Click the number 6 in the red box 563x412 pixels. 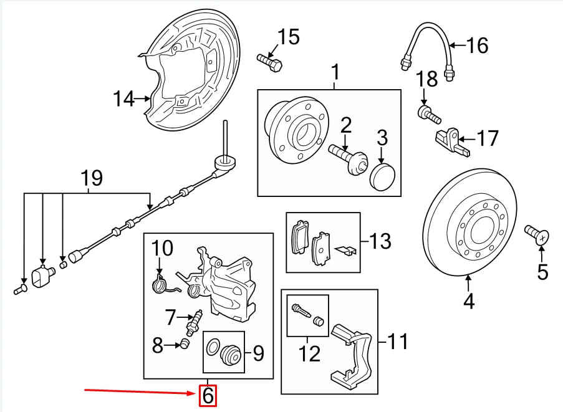tap(208, 395)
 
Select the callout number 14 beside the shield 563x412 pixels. tap(123, 98)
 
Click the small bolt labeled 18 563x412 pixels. tap(428, 114)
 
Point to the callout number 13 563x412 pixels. tap(380, 241)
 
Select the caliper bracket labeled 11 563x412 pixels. tap(352, 355)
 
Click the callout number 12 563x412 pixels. tap(309, 353)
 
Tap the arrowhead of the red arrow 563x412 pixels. tap(195, 393)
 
